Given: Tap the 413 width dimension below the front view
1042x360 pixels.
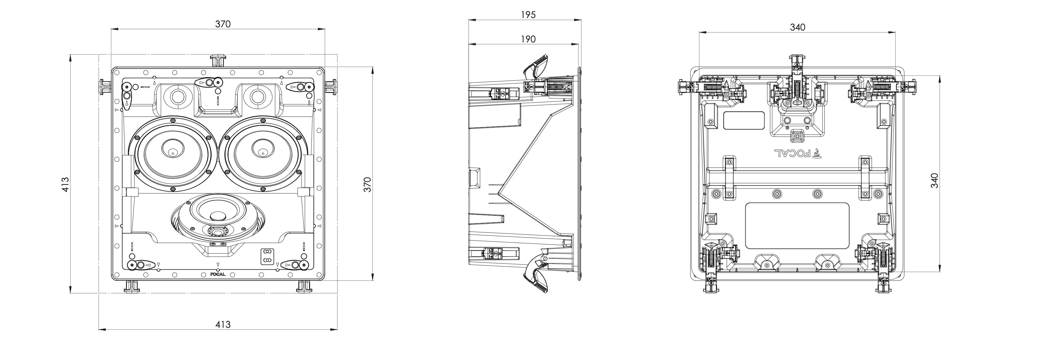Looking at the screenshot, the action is [223, 324].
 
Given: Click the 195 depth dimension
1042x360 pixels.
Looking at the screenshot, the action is [528, 15].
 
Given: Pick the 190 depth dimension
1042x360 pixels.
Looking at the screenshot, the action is [528, 39].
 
